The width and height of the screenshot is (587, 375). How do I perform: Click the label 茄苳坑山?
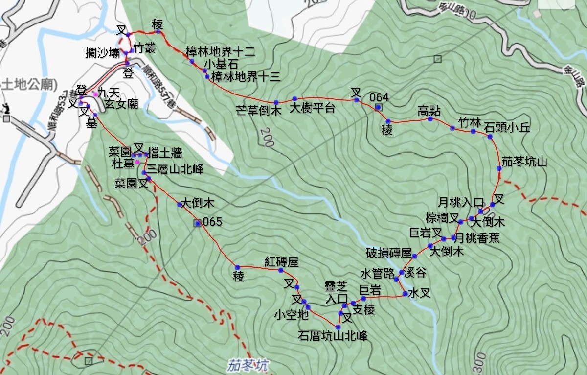(524, 162)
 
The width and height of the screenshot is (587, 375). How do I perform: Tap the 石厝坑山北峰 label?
(333, 335)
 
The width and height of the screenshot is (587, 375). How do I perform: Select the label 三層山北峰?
(175, 169)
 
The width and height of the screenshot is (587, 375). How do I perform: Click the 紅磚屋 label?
(281, 261)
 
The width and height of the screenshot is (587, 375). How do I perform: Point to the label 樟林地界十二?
(220, 51)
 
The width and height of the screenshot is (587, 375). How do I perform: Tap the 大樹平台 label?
(313, 108)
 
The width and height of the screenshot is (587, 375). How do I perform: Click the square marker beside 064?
(378, 108)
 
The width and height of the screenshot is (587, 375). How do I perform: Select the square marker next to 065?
(197, 223)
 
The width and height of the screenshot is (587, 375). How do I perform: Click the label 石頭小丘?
(507, 127)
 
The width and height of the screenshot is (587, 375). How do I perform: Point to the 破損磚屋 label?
(389, 253)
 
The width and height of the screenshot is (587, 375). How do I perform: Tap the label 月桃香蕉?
(474, 239)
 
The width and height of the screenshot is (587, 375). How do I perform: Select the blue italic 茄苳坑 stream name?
(248, 365)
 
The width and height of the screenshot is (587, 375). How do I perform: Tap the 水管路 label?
(377, 273)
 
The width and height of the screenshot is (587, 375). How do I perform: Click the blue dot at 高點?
(430, 119)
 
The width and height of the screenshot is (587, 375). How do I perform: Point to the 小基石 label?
(221, 64)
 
